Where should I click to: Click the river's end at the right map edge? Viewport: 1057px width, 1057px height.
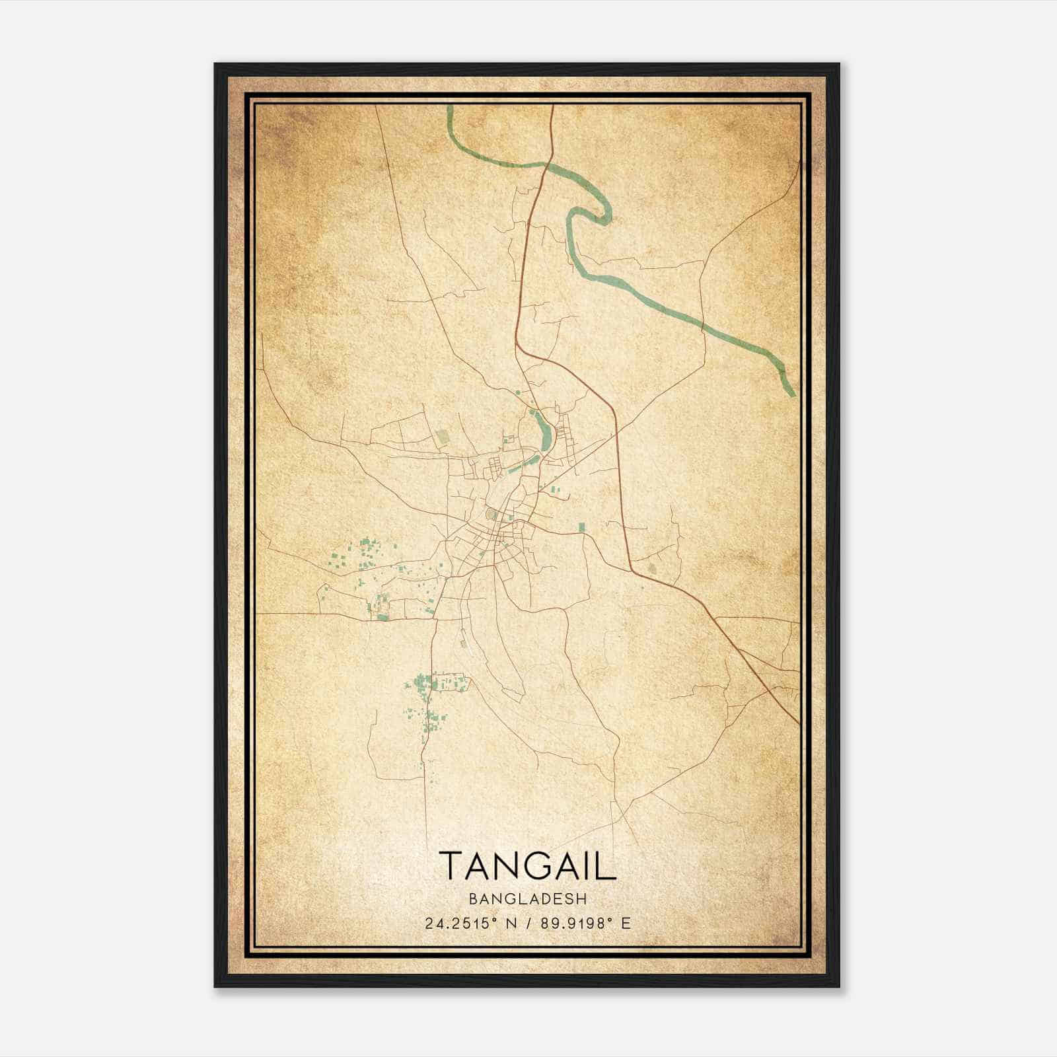(x=792, y=393)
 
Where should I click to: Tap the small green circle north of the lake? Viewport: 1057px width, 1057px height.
(x=518, y=393)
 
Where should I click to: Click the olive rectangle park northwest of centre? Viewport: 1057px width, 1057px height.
(x=441, y=437)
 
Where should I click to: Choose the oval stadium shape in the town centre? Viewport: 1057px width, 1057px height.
(x=490, y=514)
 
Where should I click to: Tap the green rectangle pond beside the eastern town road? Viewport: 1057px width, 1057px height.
(x=581, y=527)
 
